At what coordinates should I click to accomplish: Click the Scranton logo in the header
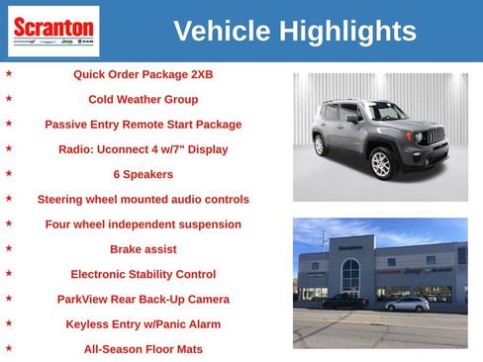click(x=53, y=31)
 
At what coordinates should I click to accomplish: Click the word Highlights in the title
click(x=347, y=32)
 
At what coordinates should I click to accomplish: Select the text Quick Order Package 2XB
click(x=143, y=74)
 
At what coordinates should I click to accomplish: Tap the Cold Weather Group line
click(x=143, y=99)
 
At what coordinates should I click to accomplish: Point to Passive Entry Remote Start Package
click(x=143, y=125)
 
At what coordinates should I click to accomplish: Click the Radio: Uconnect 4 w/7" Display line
click(x=143, y=149)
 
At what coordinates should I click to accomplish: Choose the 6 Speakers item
click(x=143, y=174)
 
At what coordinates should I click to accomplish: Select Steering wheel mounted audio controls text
click(x=143, y=199)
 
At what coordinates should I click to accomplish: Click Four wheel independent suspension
click(x=143, y=225)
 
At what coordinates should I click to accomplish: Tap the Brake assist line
click(x=143, y=249)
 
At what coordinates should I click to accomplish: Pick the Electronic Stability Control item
click(x=143, y=274)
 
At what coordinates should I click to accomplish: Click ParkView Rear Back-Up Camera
click(x=143, y=299)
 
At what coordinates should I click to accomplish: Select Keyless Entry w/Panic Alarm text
click(x=143, y=323)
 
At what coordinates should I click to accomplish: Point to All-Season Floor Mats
click(x=143, y=348)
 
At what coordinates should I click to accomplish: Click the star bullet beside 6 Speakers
click(x=9, y=173)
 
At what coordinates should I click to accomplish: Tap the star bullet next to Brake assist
click(x=9, y=248)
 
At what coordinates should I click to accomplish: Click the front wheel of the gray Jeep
click(x=381, y=163)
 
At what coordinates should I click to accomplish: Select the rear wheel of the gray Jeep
click(x=320, y=144)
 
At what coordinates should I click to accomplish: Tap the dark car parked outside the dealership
click(x=345, y=301)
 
